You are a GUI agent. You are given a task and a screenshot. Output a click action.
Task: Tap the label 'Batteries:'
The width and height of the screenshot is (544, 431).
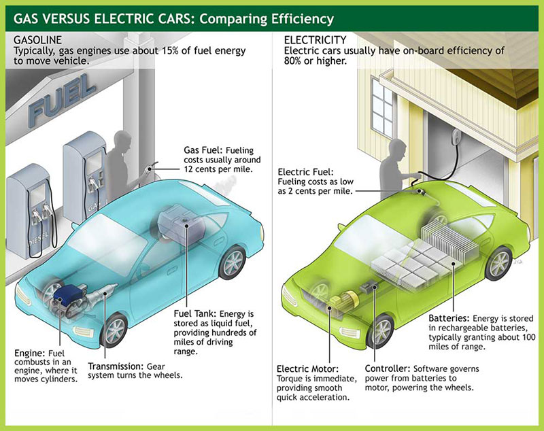450,317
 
